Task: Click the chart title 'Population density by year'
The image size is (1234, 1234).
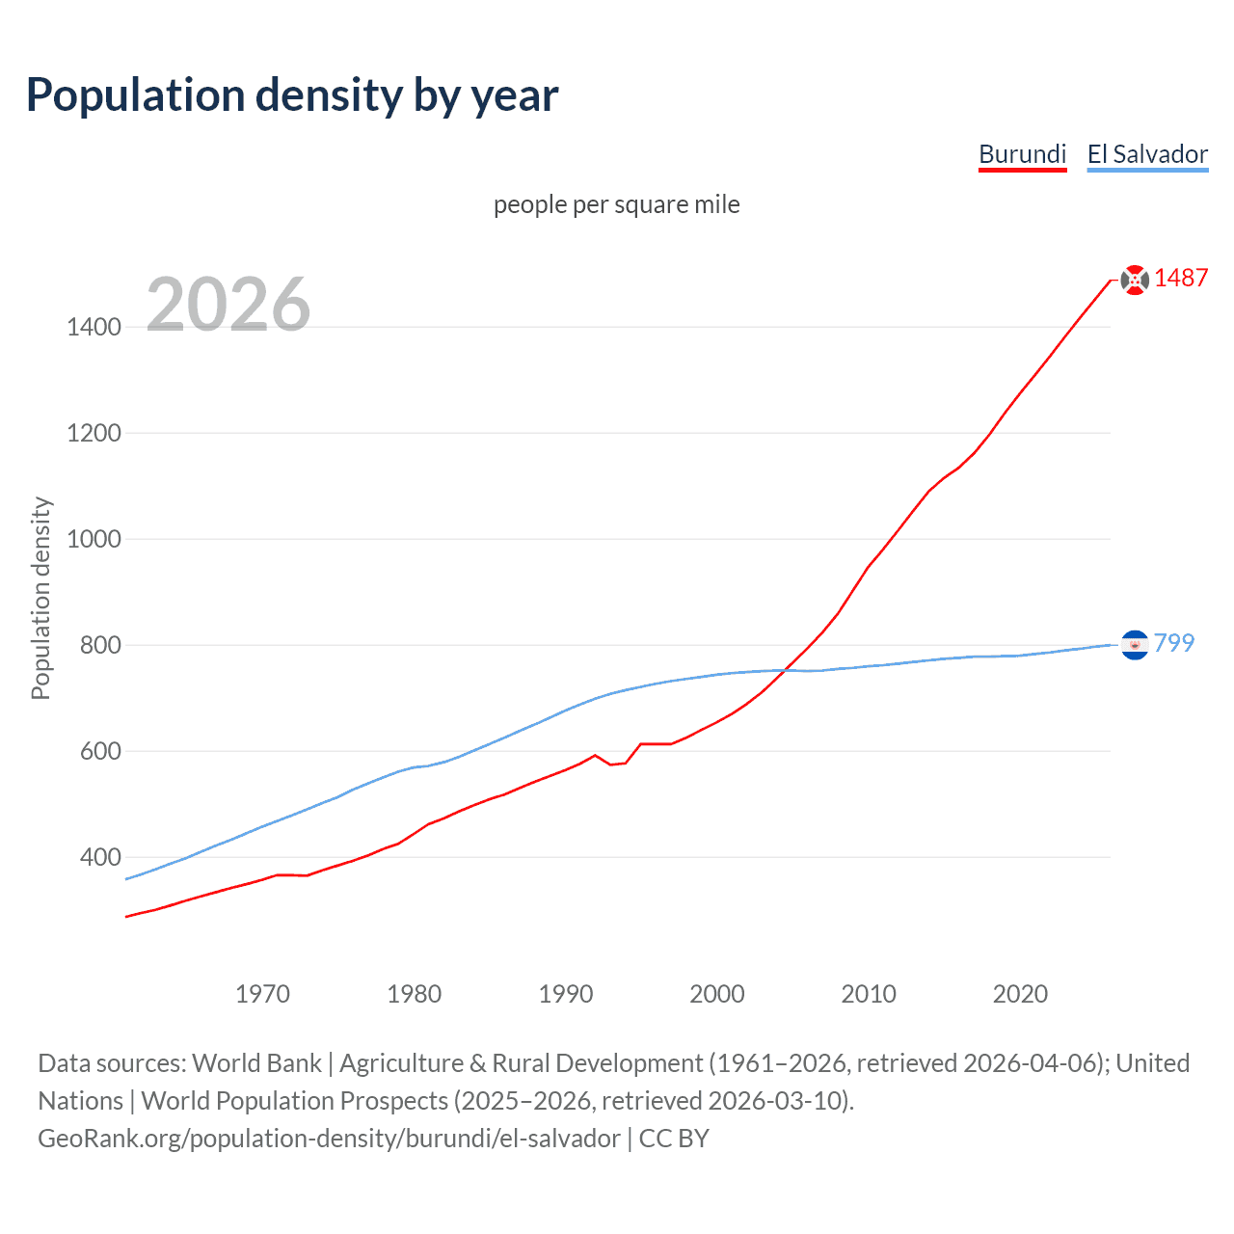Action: (x=292, y=94)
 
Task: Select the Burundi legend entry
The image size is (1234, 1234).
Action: (x=1022, y=154)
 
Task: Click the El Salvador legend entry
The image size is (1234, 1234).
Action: (x=1147, y=154)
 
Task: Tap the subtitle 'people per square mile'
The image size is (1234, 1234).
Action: (x=616, y=204)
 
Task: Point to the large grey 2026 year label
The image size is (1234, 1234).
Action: (x=228, y=305)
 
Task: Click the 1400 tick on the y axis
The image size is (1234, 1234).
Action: (x=94, y=327)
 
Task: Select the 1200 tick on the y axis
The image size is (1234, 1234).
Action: (x=94, y=433)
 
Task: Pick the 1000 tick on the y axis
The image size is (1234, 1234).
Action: (x=94, y=539)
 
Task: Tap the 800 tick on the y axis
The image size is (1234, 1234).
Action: (x=100, y=645)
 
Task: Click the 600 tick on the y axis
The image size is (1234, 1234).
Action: (x=100, y=751)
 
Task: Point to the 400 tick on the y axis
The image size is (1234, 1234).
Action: (x=100, y=857)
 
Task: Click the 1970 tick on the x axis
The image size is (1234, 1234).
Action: (x=262, y=994)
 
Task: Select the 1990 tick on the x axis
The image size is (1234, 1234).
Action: (x=566, y=994)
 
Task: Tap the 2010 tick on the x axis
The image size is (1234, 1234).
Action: (x=869, y=994)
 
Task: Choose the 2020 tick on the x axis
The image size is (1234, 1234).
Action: (x=1020, y=994)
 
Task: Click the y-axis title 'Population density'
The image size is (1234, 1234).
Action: (x=40, y=598)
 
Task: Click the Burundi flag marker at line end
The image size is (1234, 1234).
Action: (x=1135, y=280)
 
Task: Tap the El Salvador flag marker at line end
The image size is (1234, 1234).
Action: (x=1135, y=644)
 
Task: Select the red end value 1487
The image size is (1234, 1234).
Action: (x=1181, y=278)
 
